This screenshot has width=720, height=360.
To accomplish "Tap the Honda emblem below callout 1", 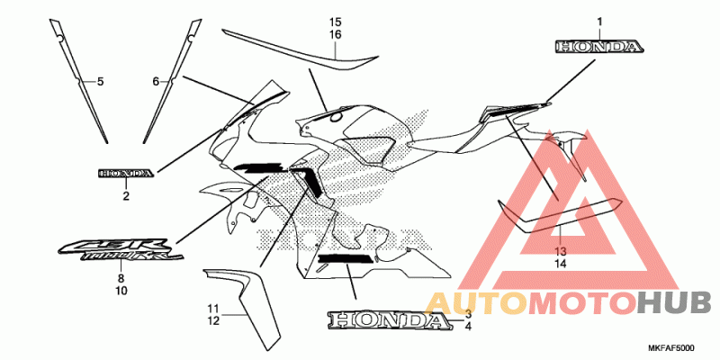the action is point(598,46).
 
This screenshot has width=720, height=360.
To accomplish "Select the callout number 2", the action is point(126,195).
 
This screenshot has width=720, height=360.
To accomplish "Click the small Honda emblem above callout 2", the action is point(126,173).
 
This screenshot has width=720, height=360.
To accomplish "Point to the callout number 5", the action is point(101,82).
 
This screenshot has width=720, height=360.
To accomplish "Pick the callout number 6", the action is point(155,82).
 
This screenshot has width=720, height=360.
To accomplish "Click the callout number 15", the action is point(335,22).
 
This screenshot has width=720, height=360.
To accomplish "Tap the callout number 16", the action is point(335,34).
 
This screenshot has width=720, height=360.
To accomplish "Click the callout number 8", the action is point(121,279).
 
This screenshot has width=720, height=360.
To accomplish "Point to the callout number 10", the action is point(121,291).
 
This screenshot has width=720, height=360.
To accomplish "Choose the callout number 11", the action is point(212,309).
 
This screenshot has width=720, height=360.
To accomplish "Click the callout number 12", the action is point(212,320).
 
